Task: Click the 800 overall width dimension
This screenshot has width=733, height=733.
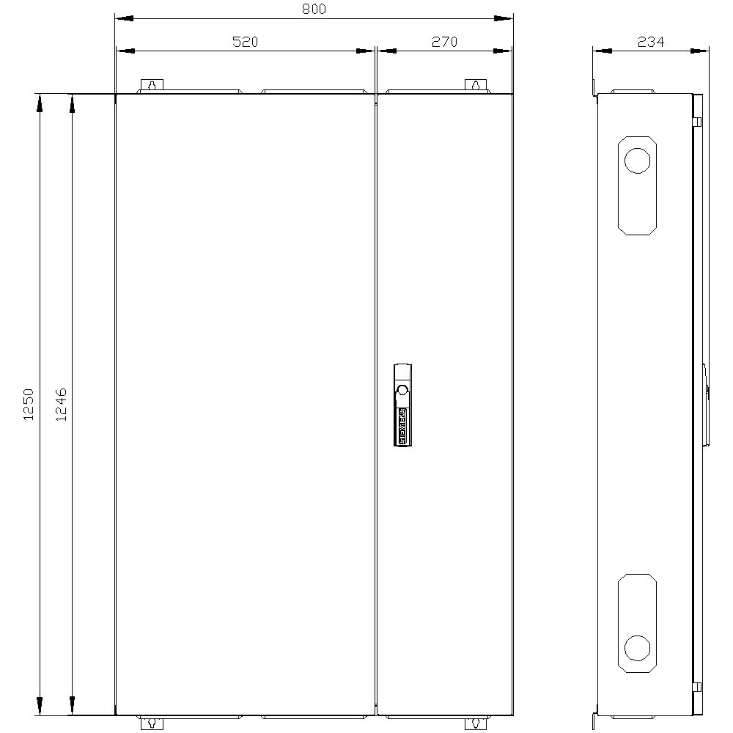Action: point(314,10)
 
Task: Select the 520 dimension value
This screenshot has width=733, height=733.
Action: point(245,43)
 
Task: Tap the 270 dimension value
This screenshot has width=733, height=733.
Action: point(443,43)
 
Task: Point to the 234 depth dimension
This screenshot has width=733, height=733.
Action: point(650,43)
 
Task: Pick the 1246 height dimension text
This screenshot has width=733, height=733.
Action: point(62,404)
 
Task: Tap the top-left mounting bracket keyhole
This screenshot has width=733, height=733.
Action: point(151,86)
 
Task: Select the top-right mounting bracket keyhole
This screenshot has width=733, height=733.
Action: point(475,86)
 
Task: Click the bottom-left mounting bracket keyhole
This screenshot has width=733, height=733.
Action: point(151,723)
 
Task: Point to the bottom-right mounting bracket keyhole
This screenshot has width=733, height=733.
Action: point(475,723)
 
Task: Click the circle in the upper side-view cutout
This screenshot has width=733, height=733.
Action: point(637,161)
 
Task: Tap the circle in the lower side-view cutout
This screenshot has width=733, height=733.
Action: point(637,647)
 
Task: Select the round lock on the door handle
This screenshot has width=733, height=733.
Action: point(402,388)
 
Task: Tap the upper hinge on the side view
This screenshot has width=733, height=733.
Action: point(698,122)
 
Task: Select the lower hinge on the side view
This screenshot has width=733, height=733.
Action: point(698,687)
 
